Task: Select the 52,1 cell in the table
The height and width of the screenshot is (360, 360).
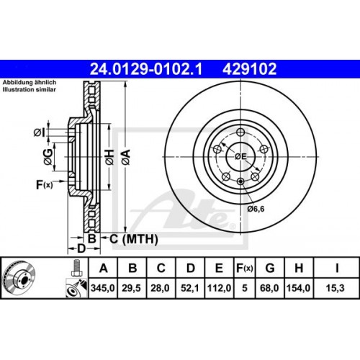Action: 190,289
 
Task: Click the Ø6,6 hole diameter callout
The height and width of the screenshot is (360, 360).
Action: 256,210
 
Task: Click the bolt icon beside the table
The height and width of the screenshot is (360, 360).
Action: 74,268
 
